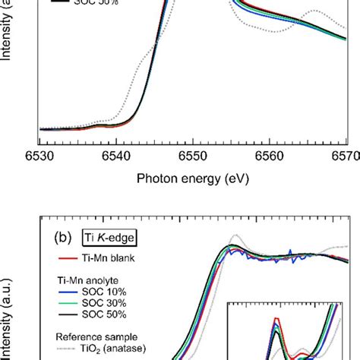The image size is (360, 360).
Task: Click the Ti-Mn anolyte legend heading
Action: tap(87, 279)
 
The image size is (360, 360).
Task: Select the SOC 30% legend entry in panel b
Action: tap(99, 304)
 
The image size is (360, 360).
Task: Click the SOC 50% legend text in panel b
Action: tap(99, 315)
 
